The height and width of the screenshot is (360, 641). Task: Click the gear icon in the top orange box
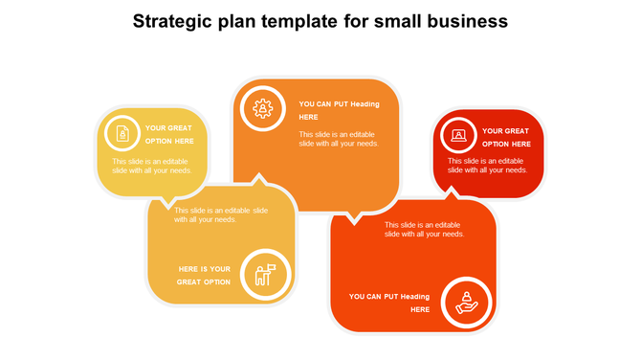261,107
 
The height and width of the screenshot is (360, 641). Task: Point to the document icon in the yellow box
122,134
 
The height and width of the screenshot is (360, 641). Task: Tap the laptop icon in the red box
458,136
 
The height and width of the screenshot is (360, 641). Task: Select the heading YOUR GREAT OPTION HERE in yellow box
169,134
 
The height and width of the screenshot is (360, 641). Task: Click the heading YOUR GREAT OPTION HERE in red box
505,137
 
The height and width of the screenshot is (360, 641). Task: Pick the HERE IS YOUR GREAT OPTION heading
204,275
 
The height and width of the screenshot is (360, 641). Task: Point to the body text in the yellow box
152,166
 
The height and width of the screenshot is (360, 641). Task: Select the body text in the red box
487,166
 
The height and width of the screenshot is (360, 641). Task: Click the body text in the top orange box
339,139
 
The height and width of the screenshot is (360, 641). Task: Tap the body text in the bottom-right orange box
425,229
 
